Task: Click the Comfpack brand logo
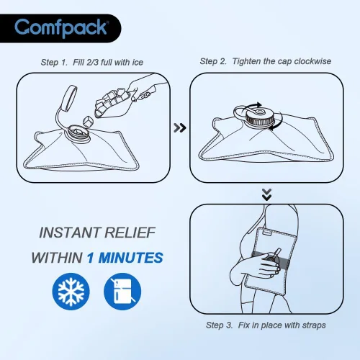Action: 63,28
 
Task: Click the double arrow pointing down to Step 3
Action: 267,194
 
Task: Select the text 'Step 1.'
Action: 55,63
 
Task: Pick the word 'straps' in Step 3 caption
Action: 313,325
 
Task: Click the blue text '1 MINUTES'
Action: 124,258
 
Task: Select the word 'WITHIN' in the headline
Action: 56,258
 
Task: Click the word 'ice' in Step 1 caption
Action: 137,63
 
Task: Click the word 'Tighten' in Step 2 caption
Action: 248,61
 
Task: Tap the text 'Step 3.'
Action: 220,325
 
